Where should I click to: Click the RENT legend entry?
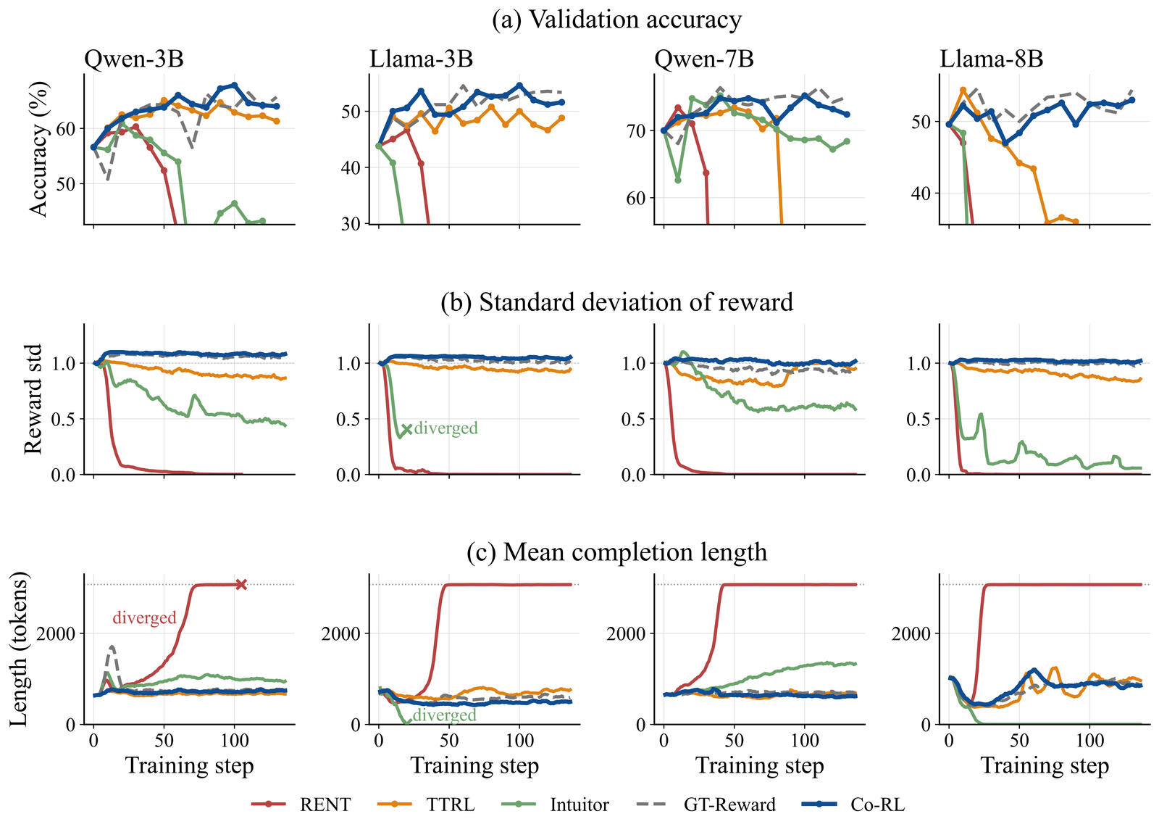point(301,804)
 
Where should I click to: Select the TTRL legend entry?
point(427,804)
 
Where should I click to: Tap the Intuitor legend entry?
point(556,804)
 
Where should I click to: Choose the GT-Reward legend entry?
point(706,804)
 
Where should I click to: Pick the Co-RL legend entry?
point(853,804)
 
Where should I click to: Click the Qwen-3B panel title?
point(134,59)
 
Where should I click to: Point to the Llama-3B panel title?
point(421,59)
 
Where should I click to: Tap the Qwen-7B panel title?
point(704,59)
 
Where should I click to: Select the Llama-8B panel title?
point(992,59)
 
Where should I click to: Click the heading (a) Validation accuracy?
point(616,20)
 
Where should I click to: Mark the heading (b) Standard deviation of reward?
point(616,301)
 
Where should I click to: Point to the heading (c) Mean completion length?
point(616,552)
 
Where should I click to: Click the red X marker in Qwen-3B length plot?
point(241,585)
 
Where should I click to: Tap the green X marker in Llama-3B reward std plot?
point(406,429)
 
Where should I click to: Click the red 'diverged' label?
point(144,617)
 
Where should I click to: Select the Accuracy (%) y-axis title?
point(38,149)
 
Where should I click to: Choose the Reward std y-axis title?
point(33,399)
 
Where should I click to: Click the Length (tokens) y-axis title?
point(19,649)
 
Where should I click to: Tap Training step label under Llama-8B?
point(1045,766)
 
